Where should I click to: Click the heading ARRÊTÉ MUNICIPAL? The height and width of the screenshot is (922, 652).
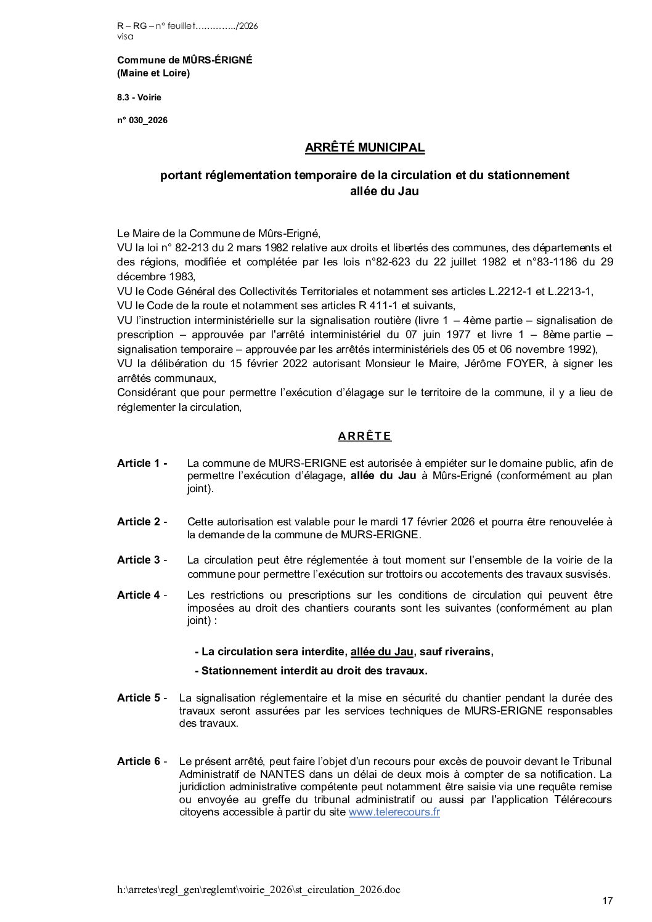coord(365,148)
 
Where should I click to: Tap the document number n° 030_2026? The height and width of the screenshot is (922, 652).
coord(142,120)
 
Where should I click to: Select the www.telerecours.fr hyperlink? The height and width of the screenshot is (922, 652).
coord(394,812)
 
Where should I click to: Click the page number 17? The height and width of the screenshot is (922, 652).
coord(607,901)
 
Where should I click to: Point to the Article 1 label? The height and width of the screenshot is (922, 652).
coord(142,463)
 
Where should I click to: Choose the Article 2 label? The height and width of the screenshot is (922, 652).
coord(142,522)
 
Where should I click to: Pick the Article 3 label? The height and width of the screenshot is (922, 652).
coord(142,560)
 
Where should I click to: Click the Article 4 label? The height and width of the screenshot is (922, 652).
coord(142,595)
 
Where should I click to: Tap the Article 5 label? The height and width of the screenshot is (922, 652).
coord(142,698)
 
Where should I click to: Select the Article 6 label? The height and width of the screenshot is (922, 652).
coord(142,761)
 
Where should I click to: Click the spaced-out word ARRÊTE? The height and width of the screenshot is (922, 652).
coord(365,437)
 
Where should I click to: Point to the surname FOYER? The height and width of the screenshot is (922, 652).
coord(522,363)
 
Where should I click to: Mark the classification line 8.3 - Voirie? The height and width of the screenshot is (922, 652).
coord(139,97)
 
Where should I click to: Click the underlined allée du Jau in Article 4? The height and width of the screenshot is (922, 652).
coord(382,652)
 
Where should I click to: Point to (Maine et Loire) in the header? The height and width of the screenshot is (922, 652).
coord(153,73)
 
